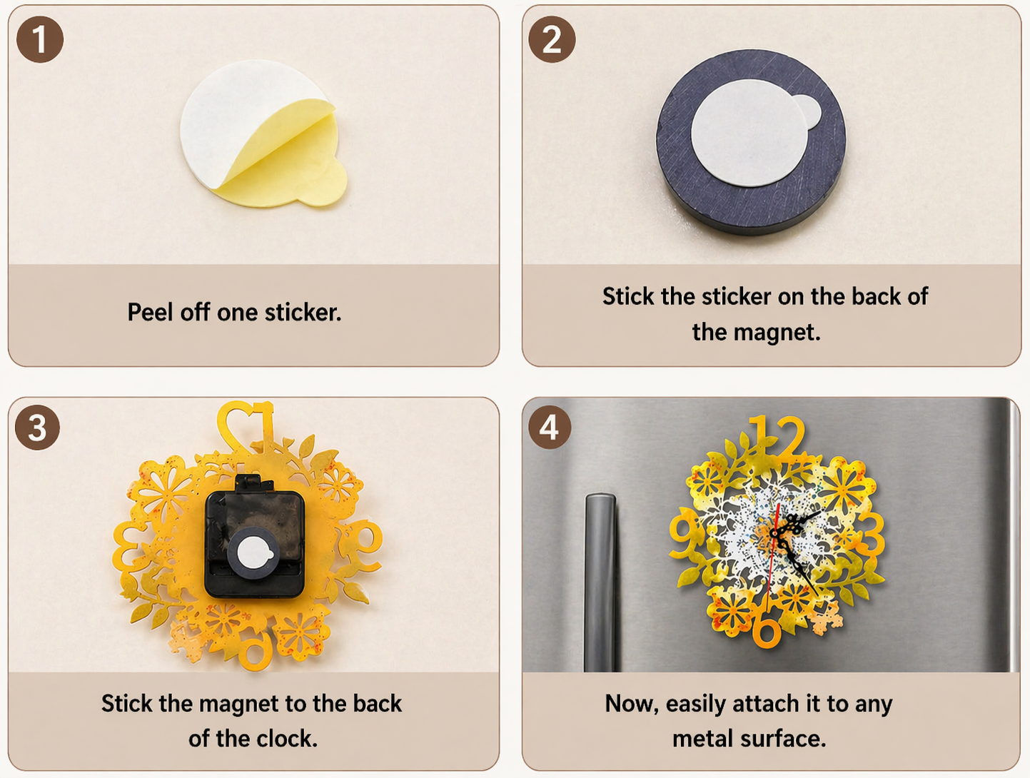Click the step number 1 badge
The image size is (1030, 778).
[40, 39]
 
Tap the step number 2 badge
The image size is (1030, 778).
[552, 39]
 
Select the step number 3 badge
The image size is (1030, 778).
[37, 428]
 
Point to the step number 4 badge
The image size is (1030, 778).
[549, 428]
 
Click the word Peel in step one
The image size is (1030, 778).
[151, 312]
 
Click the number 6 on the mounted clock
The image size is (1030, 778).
[767, 630]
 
